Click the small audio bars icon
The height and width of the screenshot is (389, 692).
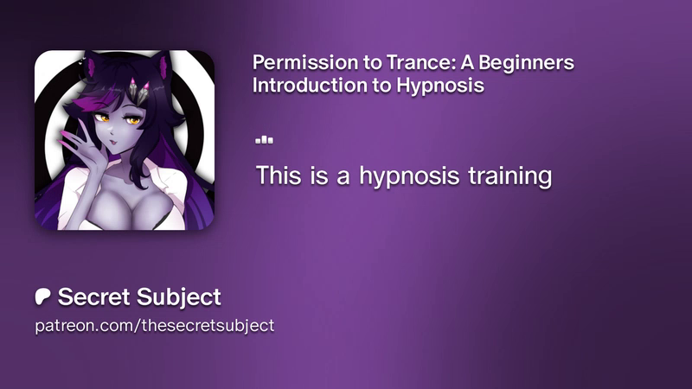[264, 140]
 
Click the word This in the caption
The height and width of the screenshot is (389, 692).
[279, 175]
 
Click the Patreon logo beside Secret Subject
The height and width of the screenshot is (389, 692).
[42, 297]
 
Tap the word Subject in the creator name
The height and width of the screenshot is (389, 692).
[178, 297]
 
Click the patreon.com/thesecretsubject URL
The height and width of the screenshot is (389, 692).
[155, 326]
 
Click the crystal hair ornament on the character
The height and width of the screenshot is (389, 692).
[139, 91]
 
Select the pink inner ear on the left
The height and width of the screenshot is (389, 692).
[92, 67]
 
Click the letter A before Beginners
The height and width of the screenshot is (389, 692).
[467, 62]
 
